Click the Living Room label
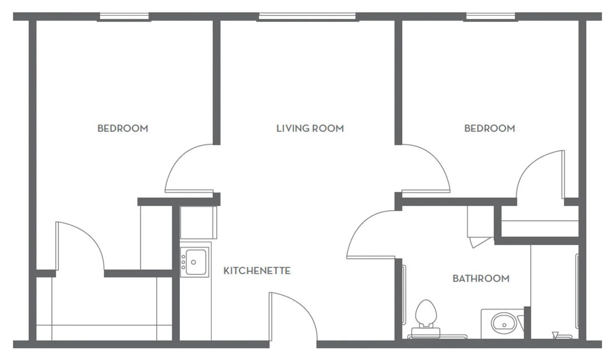tap(310, 128)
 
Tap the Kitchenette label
tap(257, 271)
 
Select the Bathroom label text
tap(481, 278)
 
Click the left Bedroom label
tap(122, 128)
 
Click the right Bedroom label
tap(489, 128)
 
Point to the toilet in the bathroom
tap(425, 319)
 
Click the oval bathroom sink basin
tap(504, 324)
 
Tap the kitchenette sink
tap(194, 262)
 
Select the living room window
tap(307, 17)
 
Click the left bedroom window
tap(125, 17)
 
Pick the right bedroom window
tap(490, 17)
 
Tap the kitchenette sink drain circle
tap(193, 262)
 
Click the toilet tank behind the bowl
tap(425, 332)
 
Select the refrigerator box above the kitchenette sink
tap(198, 223)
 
